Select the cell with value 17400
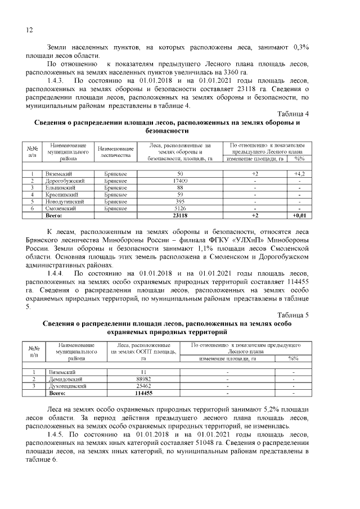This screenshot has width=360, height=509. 180,181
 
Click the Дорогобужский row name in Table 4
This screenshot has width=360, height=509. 66,181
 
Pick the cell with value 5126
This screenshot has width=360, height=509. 180,208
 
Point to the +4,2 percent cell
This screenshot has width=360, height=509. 299,174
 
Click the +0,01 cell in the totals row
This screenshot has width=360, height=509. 299,215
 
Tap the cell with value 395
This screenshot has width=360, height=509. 180,201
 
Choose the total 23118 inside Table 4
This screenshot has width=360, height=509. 180,215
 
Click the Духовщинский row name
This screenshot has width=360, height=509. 68,386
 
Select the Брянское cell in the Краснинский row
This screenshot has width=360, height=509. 115,194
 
